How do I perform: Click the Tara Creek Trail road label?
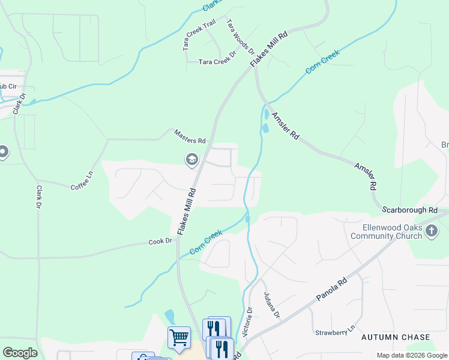pos(199,34)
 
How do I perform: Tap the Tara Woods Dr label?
pos(240,36)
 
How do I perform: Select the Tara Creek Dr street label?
pos(218,62)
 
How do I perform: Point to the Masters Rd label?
pos(190,136)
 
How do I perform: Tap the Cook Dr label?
pos(160,241)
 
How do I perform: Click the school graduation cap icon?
pos(191,159)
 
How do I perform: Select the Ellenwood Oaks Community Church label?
pos(384,232)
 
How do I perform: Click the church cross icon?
pos(431,232)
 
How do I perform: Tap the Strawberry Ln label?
pos(335,332)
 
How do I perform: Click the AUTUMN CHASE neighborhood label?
pos(396,338)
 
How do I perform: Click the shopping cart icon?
pos(179,337)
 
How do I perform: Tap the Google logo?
pos(20,353)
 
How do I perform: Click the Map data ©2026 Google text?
pos(411,355)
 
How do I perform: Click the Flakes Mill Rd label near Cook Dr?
pos(187,212)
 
